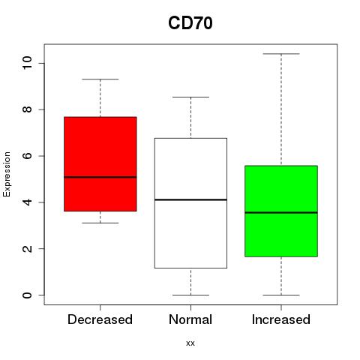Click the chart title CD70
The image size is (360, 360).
pyautogui.click(x=190, y=23)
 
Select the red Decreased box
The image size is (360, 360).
pyautogui.click(x=100, y=164)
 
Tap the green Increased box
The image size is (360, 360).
pyautogui.click(x=281, y=211)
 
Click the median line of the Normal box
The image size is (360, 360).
pyautogui.click(x=190, y=199)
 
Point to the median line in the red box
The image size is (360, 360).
pyautogui.click(x=100, y=177)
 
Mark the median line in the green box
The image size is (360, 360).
pyautogui.click(x=281, y=212)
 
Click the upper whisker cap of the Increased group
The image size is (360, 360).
pyautogui.click(x=281, y=54)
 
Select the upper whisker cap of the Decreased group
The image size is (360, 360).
pyautogui.click(x=100, y=79)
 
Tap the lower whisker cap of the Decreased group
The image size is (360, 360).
pyautogui.click(x=100, y=223)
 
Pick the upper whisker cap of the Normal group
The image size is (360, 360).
pyautogui.click(x=190, y=97)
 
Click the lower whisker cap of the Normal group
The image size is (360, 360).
pyautogui.click(x=190, y=295)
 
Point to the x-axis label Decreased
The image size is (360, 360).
pyautogui.click(x=100, y=319)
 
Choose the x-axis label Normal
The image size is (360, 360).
pyautogui.click(x=190, y=319)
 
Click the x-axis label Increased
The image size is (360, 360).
pyautogui.click(x=281, y=319)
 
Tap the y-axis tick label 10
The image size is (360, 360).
pyautogui.click(x=27, y=63)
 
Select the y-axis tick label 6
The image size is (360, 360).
pyautogui.click(x=27, y=156)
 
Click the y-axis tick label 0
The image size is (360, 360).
pyautogui.click(x=27, y=295)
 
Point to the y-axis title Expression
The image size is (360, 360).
pyautogui.click(x=7, y=174)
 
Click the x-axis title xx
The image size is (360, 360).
pyautogui.click(x=190, y=343)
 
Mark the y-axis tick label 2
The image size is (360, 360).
pyautogui.click(x=27, y=248)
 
